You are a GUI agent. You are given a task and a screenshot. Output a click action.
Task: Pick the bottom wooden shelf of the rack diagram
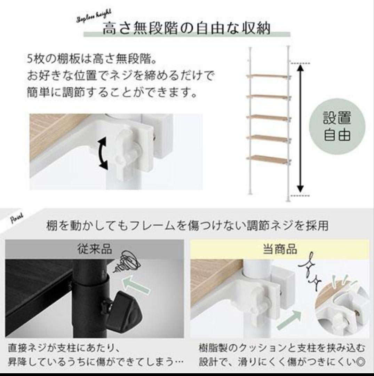click(268, 159)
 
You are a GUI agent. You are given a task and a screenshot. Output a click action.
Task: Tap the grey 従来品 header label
click(94, 249)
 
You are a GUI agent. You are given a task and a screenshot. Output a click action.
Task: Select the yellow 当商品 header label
click(279, 249)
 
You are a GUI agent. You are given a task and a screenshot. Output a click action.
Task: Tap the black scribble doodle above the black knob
click(129, 262)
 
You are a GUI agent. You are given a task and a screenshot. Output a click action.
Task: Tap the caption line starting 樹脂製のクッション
click(282, 348)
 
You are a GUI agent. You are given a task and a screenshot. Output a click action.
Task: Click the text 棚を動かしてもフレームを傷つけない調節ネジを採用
click(187, 226)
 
